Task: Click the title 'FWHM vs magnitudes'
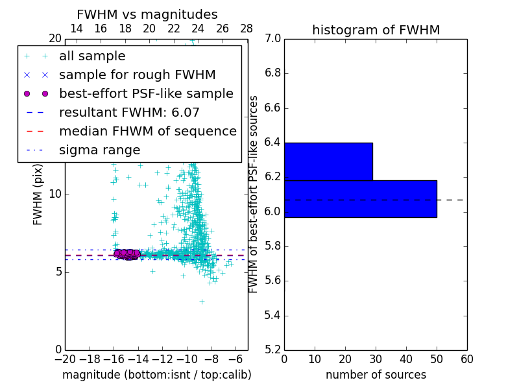point(147,14)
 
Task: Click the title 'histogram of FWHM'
point(376,30)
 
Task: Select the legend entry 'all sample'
point(92,56)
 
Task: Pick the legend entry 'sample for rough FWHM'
point(137,75)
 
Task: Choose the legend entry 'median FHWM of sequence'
point(147,132)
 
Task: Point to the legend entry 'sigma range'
point(99,150)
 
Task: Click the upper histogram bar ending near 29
point(328,161)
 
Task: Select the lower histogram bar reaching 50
point(360,199)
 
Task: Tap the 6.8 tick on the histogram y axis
point(272,73)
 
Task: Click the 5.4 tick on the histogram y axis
point(272,316)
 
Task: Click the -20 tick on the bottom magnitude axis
point(65,359)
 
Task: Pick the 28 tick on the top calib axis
point(247,29)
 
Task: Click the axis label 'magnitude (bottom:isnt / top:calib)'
point(156,375)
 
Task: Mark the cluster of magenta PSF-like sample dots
point(127,254)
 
